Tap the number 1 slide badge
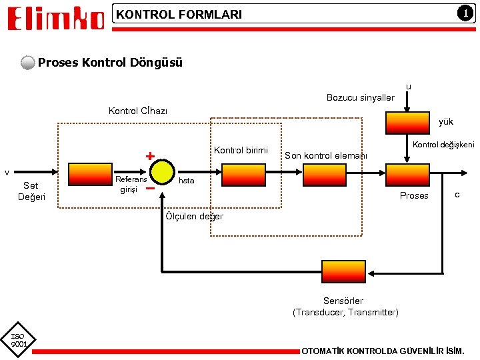point(461,13)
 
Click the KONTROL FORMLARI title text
point(179,14)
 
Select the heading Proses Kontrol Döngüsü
point(110,63)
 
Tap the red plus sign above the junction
point(150,157)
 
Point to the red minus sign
point(151,188)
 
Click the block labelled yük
point(405,122)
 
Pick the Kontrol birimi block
point(243,175)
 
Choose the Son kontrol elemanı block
point(325,175)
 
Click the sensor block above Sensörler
point(343,271)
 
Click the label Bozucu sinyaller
point(360,98)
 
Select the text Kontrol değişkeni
point(443,145)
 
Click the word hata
point(187,181)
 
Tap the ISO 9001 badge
point(18,340)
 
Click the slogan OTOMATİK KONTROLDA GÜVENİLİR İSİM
point(383,351)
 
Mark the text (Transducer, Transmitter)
point(345,312)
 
